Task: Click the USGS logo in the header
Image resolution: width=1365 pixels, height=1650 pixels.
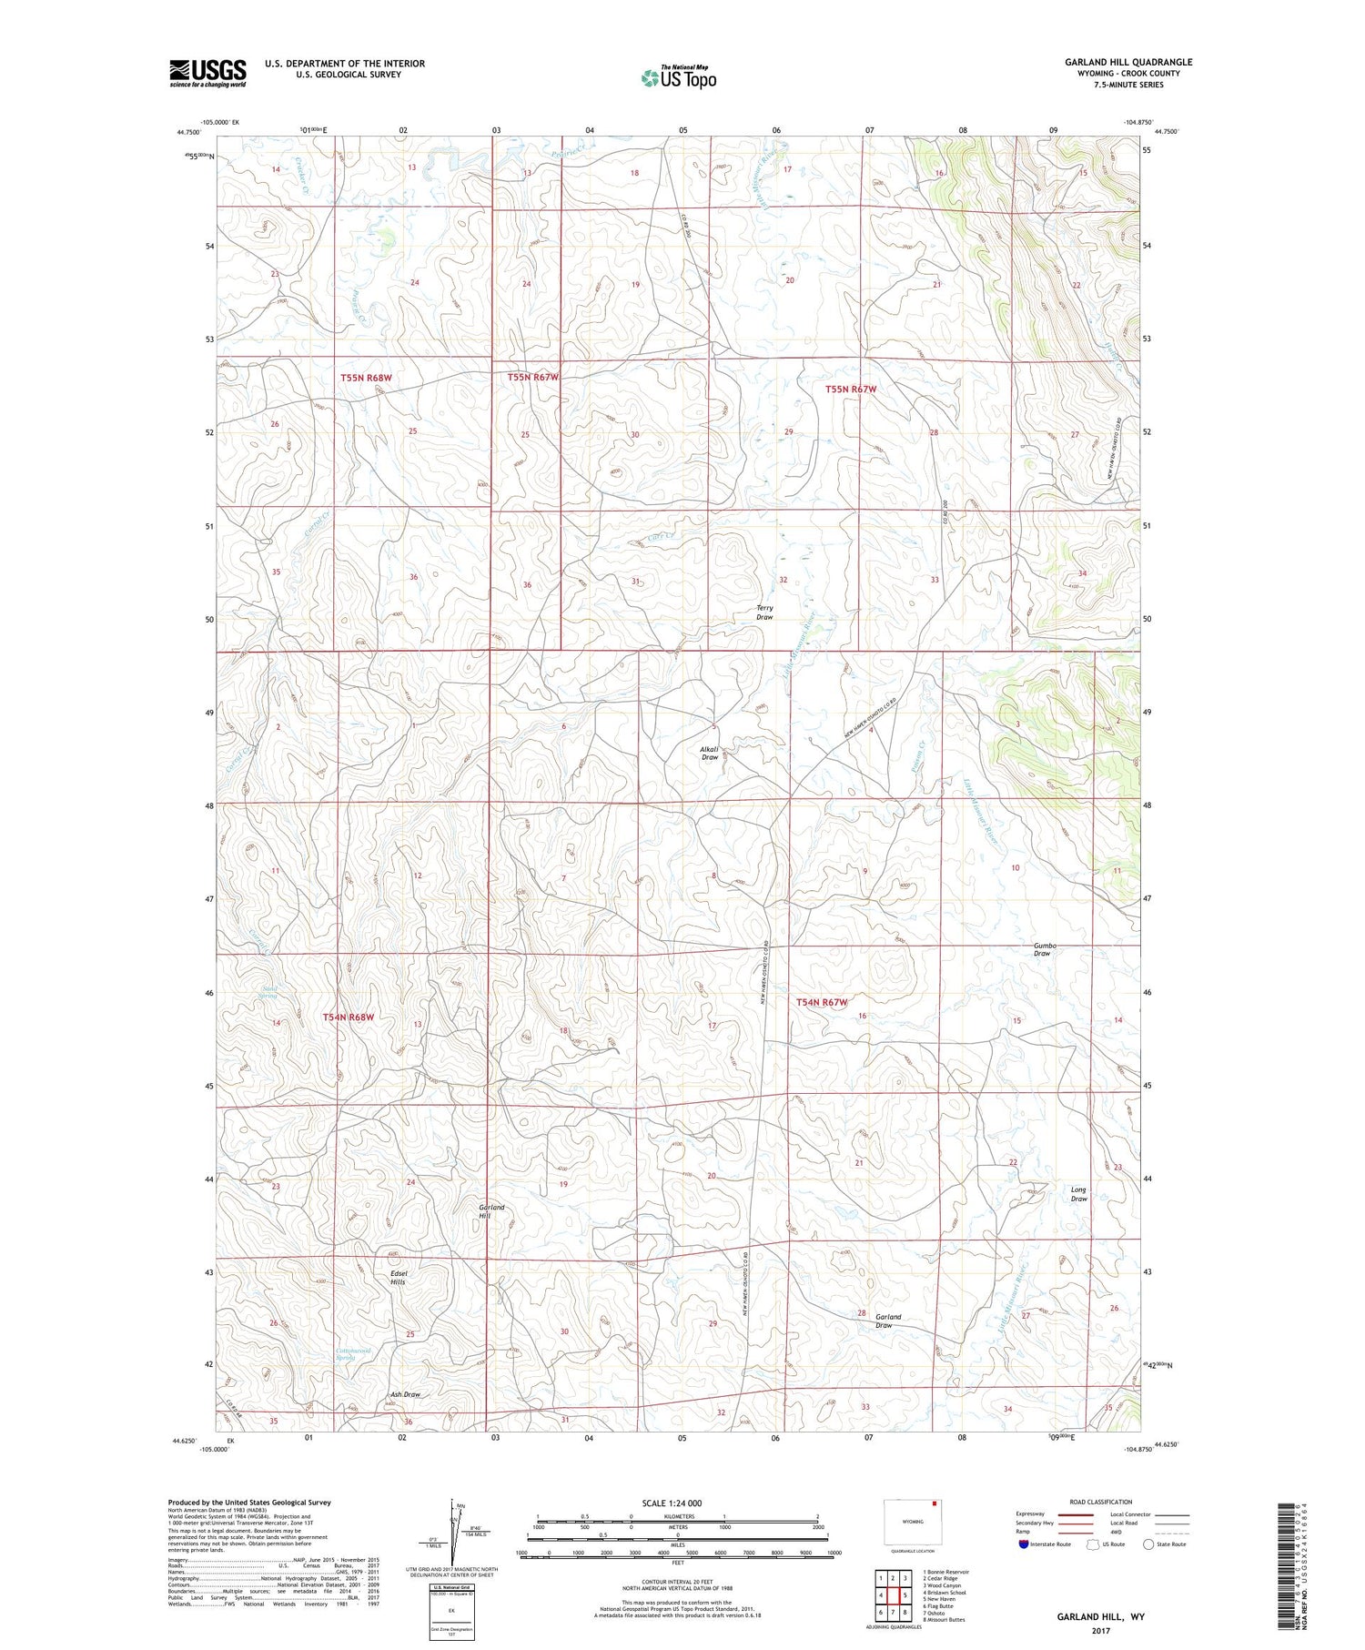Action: (x=207, y=73)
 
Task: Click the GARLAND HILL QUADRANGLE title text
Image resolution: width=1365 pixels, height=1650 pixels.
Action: (x=1128, y=62)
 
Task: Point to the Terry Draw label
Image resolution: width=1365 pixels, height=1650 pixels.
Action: (x=764, y=612)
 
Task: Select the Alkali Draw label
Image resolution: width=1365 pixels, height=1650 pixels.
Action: (x=709, y=753)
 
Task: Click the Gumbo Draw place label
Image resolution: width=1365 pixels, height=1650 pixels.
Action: (x=1044, y=949)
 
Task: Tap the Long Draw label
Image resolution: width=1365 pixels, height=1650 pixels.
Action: (x=1078, y=1194)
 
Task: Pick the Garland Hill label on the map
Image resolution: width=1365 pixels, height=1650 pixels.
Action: (x=491, y=1211)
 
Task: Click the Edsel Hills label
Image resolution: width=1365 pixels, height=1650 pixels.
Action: (x=398, y=1276)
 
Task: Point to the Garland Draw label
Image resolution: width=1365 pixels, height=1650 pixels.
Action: (x=887, y=1321)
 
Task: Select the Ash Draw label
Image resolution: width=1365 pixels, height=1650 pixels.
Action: (x=405, y=1394)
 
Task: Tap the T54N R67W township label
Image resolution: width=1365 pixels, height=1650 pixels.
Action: (x=822, y=1002)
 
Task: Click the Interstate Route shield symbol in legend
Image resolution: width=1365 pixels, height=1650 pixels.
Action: (x=1024, y=1544)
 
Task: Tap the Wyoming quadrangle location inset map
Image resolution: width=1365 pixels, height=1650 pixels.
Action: (x=911, y=1521)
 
